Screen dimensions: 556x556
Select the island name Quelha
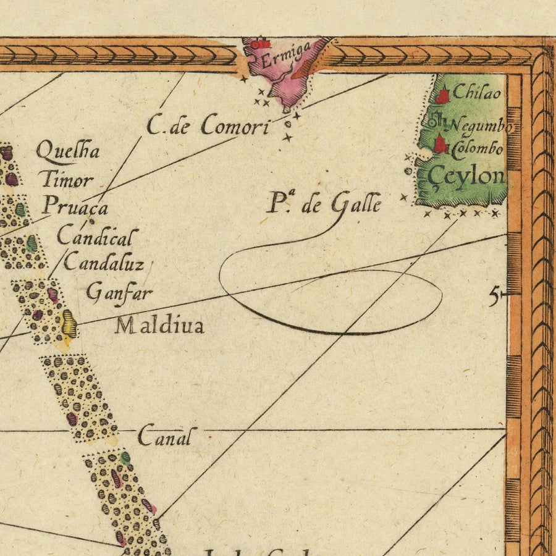click(x=68, y=150)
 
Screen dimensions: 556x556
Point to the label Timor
click(x=67, y=180)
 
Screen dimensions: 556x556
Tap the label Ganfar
click(x=119, y=292)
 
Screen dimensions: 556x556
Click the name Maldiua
click(x=159, y=326)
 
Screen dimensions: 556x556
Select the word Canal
click(x=164, y=436)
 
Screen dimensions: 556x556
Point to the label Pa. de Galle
click(x=323, y=203)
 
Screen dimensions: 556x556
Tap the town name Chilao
click(x=476, y=93)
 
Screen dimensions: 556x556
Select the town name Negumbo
click(x=481, y=126)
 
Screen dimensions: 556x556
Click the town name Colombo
click(x=478, y=149)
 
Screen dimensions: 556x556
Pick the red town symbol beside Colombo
click(x=439, y=144)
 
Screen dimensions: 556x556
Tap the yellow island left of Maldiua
click(x=69, y=323)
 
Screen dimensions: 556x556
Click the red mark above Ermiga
click(x=262, y=44)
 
